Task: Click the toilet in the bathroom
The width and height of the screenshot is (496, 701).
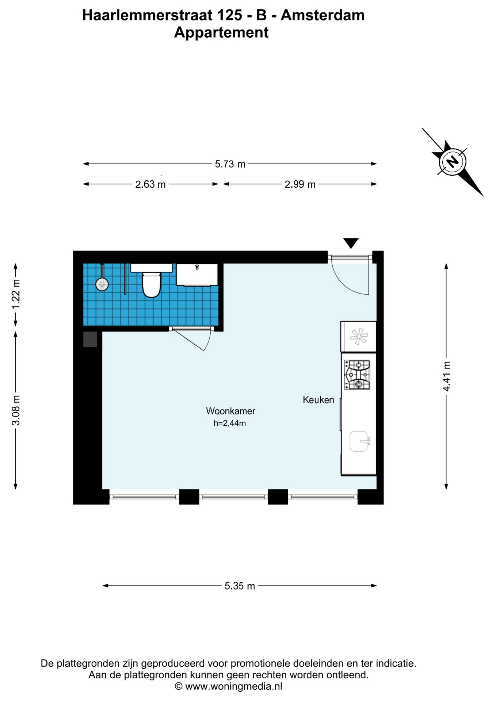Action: point(151,284)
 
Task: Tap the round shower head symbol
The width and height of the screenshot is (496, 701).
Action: point(102,284)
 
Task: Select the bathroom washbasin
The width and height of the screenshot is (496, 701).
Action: point(197,274)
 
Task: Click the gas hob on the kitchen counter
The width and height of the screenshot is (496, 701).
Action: point(357,375)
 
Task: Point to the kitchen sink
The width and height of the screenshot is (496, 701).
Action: point(359,441)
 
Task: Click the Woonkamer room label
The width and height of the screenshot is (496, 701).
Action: point(230,411)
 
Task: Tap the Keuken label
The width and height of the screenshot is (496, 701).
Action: point(318,400)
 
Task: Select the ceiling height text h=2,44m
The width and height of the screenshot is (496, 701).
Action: point(230,424)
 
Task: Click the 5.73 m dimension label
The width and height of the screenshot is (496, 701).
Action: point(230,164)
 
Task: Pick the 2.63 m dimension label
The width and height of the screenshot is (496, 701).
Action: point(150,184)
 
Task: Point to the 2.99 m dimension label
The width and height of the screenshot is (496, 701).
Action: point(300,184)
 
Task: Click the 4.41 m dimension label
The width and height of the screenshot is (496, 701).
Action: point(446,376)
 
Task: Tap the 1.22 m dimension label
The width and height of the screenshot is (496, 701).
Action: point(16,294)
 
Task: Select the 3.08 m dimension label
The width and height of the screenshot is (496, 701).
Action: point(16,410)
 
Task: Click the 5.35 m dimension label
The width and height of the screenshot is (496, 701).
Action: point(240,586)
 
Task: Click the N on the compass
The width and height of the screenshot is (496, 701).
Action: point(453,161)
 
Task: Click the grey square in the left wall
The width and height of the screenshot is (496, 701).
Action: point(90,339)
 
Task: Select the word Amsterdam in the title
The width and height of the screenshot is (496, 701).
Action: point(323,15)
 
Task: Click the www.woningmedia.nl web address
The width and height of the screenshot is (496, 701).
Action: point(234,686)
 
